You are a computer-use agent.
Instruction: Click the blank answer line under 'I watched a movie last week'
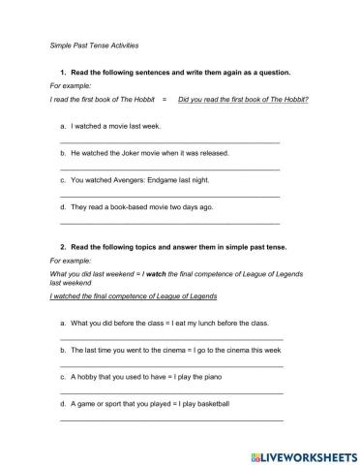click(x=169, y=142)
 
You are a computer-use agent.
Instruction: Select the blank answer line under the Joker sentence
click(x=169, y=170)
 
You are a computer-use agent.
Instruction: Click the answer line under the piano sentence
click(x=171, y=392)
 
